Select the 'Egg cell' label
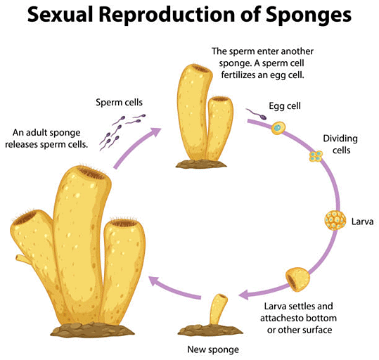[285, 107]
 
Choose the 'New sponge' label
[213, 349]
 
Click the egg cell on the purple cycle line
[279, 128]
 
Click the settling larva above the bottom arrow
[297, 279]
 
